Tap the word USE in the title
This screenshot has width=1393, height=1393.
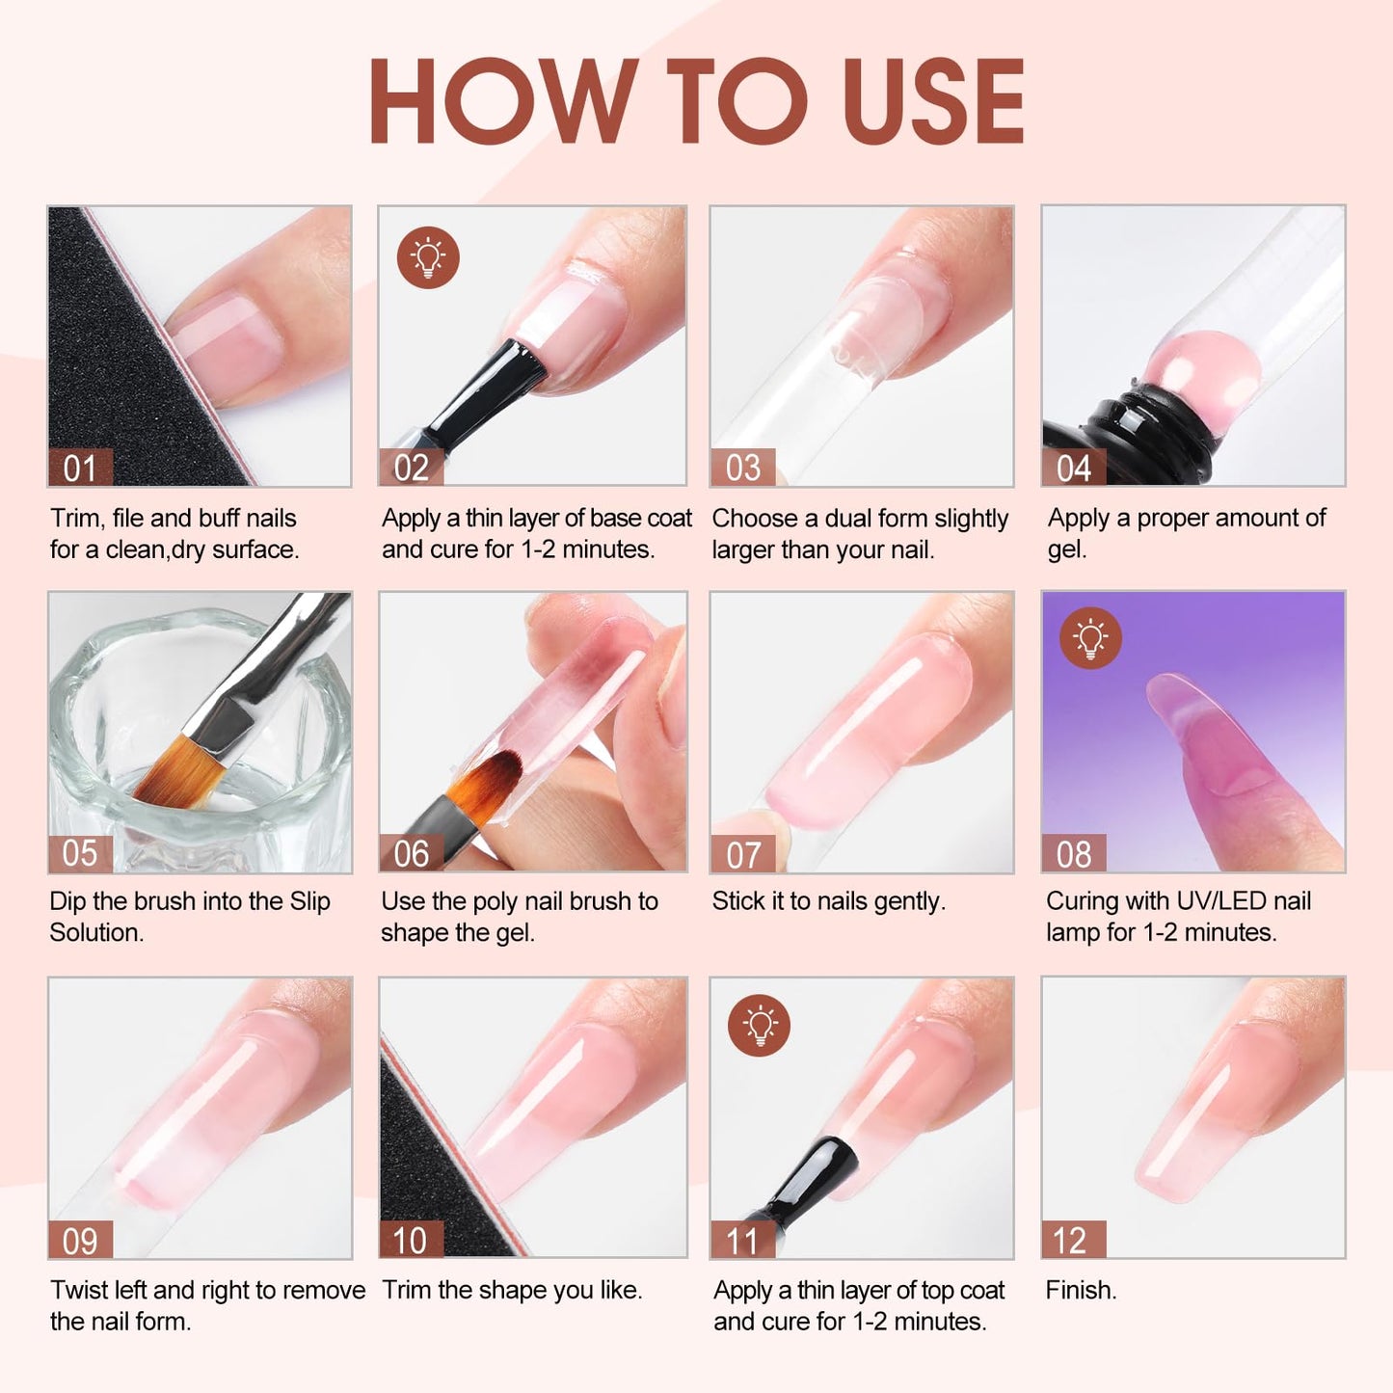(x=931, y=101)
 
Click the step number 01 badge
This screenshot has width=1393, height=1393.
(x=80, y=469)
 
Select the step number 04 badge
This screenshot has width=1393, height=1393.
(x=1073, y=469)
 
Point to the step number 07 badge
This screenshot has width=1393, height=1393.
(x=742, y=854)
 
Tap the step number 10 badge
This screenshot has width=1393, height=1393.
(x=411, y=1240)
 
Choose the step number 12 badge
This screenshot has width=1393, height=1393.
(x=1073, y=1240)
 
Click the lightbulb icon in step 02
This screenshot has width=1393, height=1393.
(x=428, y=257)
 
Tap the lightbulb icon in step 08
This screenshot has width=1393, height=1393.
(x=1090, y=637)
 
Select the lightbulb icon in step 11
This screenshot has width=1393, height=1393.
(x=760, y=1025)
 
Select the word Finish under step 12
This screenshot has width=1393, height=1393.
(x=1080, y=1290)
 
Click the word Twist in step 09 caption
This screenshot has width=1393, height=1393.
(x=81, y=1290)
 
